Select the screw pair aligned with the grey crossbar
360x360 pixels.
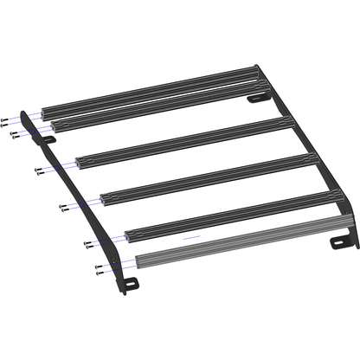tap(100, 268)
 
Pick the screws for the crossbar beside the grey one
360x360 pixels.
tap(89, 244)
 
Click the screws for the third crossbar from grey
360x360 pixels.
tap(64, 206)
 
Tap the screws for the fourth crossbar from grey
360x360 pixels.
tap(40, 170)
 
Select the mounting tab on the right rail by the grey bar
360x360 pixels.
tap(339, 241)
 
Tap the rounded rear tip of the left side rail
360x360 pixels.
tap(23, 112)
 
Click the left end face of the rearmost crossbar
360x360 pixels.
tap(45, 112)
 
